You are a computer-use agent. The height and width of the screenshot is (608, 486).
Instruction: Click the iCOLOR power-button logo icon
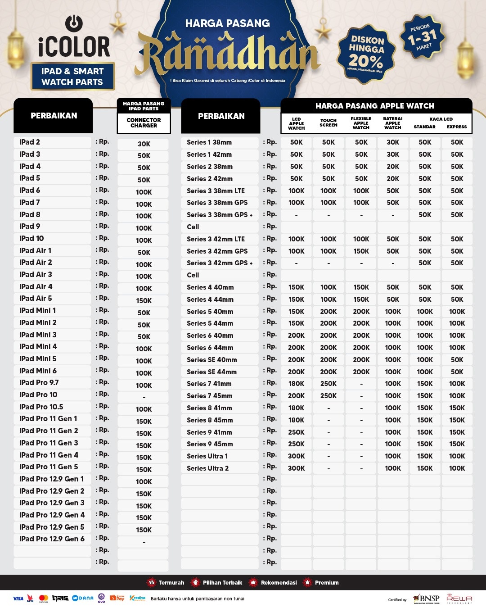(x=74, y=23)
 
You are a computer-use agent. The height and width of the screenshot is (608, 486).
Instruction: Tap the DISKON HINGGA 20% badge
(x=366, y=54)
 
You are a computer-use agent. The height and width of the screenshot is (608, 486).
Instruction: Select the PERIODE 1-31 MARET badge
(x=422, y=37)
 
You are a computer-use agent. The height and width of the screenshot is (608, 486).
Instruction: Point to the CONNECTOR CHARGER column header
(x=144, y=123)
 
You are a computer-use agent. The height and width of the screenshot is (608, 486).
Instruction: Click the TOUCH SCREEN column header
(x=328, y=123)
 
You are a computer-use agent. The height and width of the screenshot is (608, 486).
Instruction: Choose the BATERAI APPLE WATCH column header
(x=393, y=123)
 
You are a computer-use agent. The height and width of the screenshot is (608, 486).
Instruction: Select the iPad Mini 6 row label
(x=38, y=371)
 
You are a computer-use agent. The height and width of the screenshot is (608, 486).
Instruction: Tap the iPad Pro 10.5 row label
(x=41, y=407)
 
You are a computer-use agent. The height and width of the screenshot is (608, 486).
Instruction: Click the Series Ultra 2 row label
(x=208, y=468)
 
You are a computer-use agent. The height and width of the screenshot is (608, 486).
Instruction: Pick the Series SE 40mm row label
(x=212, y=360)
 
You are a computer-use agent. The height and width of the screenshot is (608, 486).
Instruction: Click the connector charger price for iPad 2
(x=144, y=144)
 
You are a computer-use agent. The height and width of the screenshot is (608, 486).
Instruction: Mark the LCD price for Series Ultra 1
(x=297, y=456)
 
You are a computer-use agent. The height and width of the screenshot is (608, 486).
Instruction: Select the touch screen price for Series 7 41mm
(x=328, y=384)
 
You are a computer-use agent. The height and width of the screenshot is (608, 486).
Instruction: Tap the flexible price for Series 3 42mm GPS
(x=361, y=251)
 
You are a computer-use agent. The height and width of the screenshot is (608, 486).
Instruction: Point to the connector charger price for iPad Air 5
(x=144, y=300)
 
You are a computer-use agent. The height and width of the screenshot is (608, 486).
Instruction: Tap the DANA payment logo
(x=83, y=598)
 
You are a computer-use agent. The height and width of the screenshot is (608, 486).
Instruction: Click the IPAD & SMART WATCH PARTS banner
(x=72, y=77)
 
